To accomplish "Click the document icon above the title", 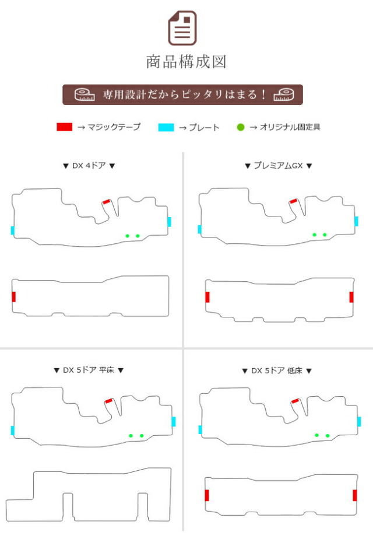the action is click(x=182, y=28).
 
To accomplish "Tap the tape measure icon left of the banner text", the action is click(x=85, y=95).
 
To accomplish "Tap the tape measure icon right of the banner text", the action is click(x=284, y=95).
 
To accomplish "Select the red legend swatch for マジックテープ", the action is click(x=65, y=127).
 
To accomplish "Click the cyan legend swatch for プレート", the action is click(x=166, y=127).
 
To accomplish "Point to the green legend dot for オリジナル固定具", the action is click(x=241, y=127).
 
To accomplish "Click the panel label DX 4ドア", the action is click(x=89, y=166).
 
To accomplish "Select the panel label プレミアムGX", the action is click(x=279, y=166).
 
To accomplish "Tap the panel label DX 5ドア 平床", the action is click(x=89, y=370).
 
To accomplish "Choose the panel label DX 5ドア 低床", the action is click(x=277, y=370).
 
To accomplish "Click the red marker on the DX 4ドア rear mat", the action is click(x=14, y=296).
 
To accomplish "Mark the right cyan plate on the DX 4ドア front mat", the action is click(x=169, y=222).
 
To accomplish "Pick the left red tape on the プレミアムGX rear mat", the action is click(x=207, y=297).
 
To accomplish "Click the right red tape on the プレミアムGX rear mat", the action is click(x=351, y=297).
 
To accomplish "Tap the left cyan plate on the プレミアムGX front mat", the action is click(x=200, y=229).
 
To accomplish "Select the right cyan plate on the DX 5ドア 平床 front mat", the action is click(x=174, y=421).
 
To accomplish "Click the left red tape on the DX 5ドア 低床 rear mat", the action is click(x=207, y=495).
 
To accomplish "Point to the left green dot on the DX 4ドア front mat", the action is click(x=128, y=236).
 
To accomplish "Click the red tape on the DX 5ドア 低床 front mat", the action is click(x=295, y=401).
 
